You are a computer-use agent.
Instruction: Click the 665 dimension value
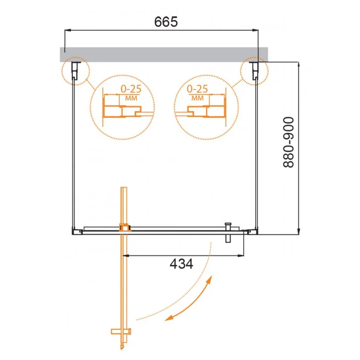coord(166,22)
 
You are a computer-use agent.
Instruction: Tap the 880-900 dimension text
coord(288,142)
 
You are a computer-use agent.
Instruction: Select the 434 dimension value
coord(181,264)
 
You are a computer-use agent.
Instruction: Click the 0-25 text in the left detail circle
coord(131,89)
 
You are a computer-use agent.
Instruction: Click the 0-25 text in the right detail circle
coord(197,89)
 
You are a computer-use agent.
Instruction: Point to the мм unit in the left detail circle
coord(131,98)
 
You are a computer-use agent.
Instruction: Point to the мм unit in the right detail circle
coord(198,98)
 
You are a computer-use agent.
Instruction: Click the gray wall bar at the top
coord(164,54)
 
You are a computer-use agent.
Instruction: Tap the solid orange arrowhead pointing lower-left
coord(169,318)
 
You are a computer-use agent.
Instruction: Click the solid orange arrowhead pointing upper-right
coord(209,280)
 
